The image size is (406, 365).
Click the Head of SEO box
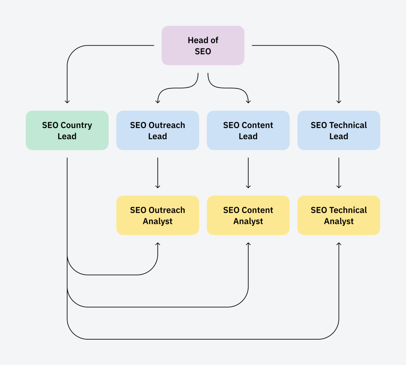coord(203,45)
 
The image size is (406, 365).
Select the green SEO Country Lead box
coord(67,130)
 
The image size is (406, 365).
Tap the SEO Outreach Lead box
coord(158,130)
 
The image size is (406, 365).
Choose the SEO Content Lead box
coord(248,130)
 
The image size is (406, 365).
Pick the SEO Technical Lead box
coord(339,130)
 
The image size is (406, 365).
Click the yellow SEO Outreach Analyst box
coord(158,215)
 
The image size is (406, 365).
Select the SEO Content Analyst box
coord(248,215)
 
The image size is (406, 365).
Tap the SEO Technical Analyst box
coord(339,215)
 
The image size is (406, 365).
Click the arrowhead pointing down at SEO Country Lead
coord(67,102)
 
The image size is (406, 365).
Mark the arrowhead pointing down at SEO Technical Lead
coord(339,102)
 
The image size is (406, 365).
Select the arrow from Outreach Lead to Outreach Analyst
coord(158,173)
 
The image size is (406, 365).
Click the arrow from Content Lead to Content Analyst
coord(248,173)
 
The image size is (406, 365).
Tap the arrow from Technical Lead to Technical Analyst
coord(339,173)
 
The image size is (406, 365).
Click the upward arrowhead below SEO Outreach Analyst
coord(158,244)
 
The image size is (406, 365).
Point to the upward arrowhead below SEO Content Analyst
coord(248,244)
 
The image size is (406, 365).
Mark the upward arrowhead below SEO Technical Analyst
coord(339,244)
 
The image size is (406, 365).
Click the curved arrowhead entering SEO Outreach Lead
coord(158,102)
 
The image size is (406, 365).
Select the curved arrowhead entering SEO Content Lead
coord(248,102)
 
